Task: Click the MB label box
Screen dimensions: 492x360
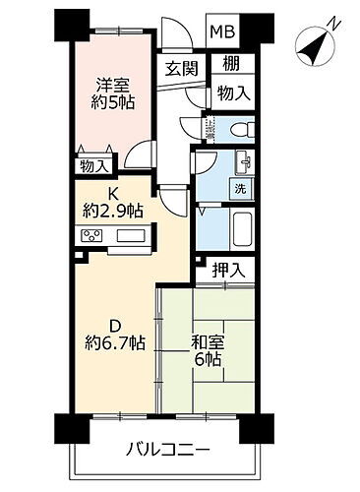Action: tap(220, 31)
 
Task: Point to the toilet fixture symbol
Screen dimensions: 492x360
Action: tap(236, 128)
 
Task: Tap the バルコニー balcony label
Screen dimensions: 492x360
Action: tap(166, 451)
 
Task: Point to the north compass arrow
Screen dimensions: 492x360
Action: tap(315, 43)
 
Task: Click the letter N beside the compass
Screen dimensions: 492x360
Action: tap(336, 24)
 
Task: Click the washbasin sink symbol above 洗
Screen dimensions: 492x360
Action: tap(242, 160)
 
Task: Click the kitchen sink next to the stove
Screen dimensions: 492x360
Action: tap(131, 235)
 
